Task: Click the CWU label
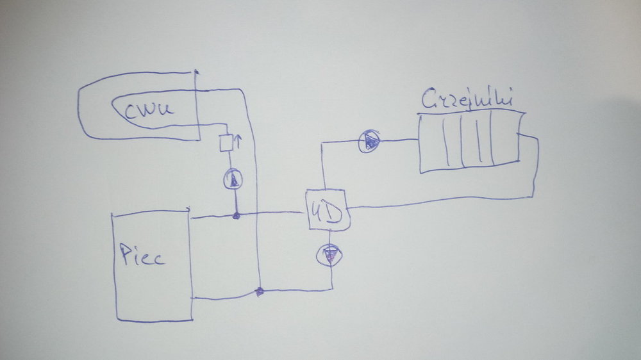click(x=149, y=110)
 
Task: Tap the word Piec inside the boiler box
click(x=142, y=256)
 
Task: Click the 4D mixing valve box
click(x=328, y=210)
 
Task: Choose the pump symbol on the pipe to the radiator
click(x=369, y=141)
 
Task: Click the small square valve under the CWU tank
click(x=226, y=143)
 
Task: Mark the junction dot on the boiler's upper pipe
click(x=235, y=216)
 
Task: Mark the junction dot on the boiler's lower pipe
click(x=259, y=292)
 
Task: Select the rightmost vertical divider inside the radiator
click(x=491, y=137)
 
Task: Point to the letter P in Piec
click(x=126, y=256)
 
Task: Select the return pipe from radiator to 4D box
click(x=442, y=202)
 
